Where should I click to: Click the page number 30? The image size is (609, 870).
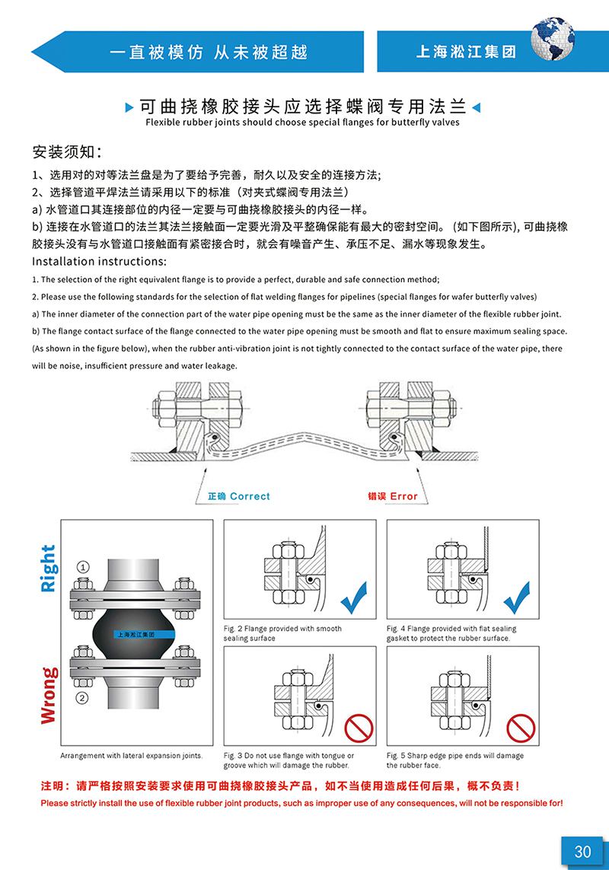pos(582,851)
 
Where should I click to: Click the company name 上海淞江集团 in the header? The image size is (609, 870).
pos(466,53)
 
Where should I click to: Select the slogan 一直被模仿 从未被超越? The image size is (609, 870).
pos(209,53)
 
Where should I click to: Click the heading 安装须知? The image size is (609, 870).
pos(67,148)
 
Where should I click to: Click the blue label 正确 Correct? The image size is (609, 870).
pos(238,496)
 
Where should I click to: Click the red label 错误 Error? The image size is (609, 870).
pos(393,496)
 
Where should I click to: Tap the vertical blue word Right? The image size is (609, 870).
pos(48,569)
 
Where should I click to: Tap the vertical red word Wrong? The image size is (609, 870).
pos(48,695)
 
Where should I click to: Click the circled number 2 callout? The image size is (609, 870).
pos(83,697)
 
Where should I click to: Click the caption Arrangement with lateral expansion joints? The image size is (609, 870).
pos(132,756)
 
